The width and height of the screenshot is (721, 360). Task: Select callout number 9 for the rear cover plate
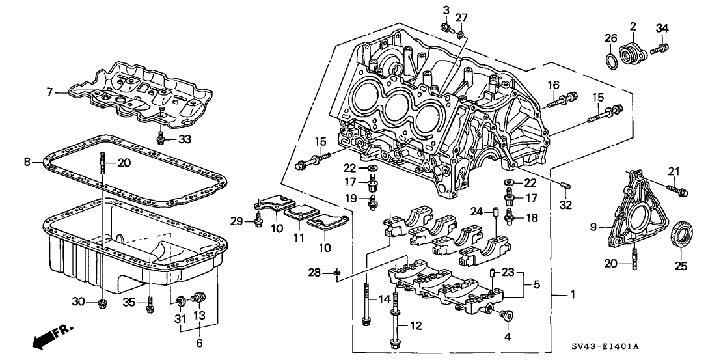593,227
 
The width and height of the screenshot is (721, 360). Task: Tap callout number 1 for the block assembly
573,296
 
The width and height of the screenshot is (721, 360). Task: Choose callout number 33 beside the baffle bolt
185,139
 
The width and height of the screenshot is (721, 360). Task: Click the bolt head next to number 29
258,223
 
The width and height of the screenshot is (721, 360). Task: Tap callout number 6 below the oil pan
200,342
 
